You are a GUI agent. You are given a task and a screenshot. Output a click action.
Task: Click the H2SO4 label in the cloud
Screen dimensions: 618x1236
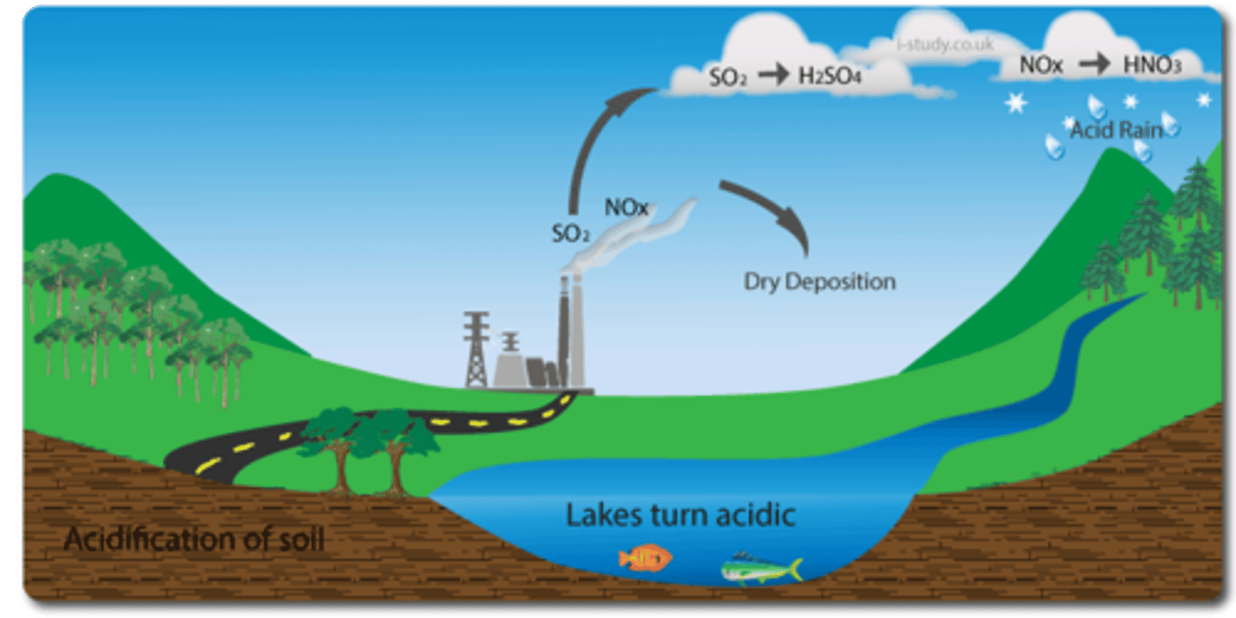coord(830,76)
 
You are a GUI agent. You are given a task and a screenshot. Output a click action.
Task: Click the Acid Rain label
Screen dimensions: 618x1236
coord(1116,130)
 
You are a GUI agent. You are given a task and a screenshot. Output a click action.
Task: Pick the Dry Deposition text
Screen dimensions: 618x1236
coord(819,282)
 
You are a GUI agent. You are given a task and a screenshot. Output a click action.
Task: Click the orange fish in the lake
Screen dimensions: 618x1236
coord(645,558)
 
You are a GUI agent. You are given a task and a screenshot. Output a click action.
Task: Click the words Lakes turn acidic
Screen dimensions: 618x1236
coord(680,515)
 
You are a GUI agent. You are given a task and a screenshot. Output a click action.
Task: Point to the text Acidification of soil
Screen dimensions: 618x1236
coord(194,541)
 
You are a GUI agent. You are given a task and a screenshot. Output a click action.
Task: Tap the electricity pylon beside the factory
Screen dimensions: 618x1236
coord(476,348)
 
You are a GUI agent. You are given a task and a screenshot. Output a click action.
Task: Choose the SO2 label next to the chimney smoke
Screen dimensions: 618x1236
coord(572,233)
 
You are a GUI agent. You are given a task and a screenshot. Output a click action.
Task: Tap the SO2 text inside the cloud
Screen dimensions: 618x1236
coord(729,77)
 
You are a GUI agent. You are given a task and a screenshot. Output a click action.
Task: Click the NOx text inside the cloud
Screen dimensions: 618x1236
coord(1042,65)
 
